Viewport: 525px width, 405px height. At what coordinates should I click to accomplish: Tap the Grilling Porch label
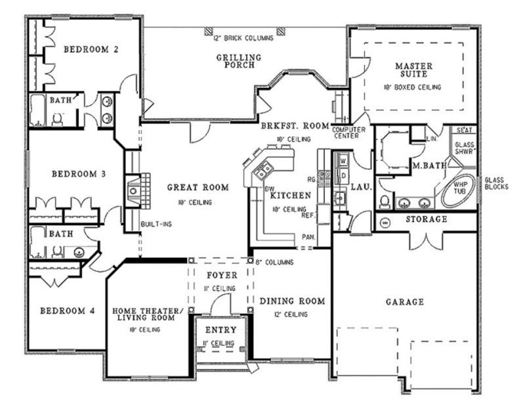(x=239, y=61)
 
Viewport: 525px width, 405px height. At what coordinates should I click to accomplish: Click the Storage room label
(x=426, y=219)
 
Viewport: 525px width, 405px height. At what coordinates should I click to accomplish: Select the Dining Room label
(x=292, y=301)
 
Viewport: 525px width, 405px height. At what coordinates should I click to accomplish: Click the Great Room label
(x=198, y=187)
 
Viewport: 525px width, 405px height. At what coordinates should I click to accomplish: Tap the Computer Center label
(x=348, y=133)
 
